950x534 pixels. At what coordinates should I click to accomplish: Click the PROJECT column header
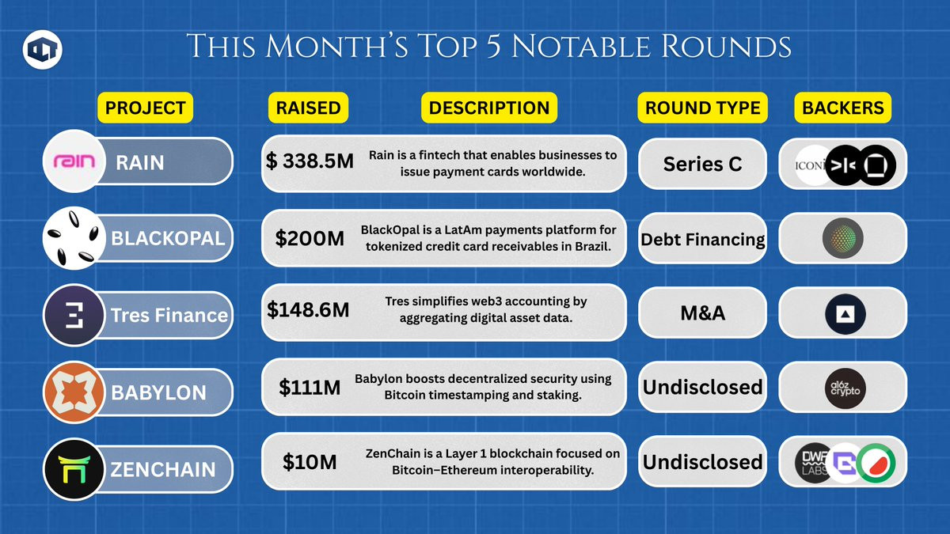pyautogui.click(x=145, y=108)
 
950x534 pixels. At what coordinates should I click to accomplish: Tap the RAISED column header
pyautogui.click(x=308, y=108)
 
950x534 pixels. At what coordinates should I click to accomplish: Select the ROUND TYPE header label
pyautogui.click(x=703, y=108)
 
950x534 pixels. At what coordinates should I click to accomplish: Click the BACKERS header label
pyautogui.click(x=842, y=108)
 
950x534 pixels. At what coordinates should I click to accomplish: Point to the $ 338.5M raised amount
pyautogui.click(x=310, y=161)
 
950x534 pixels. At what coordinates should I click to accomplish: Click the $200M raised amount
pyautogui.click(x=310, y=238)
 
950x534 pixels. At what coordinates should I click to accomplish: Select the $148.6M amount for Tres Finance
pyautogui.click(x=308, y=310)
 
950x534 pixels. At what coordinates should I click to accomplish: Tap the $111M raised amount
pyautogui.click(x=310, y=388)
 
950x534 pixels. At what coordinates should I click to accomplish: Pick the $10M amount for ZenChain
pyautogui.click(x=310, y=462)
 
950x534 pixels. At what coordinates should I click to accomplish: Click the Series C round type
pyautogui.click(x=703, y=164)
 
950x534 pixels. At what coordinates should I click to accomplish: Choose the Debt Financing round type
pyautogui.click(x=703, y=240)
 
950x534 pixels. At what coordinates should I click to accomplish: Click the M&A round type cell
pyautogui.click(x=703, y=313)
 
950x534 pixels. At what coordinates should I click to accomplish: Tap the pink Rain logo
pyautogui.click(x=74, y=161)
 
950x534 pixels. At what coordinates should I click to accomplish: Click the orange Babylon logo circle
pyautogui.click(x=74, y=392)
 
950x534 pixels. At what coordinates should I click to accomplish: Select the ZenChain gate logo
pyautogui.click(x=74, y=469)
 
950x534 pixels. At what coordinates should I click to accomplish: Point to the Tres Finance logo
pyautogui.click(x=74, y=316)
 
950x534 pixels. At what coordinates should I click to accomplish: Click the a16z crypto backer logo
pyautogui.click(x=845, y=388)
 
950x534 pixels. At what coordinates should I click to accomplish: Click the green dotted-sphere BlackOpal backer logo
pyautogui.click(x=842, y=238)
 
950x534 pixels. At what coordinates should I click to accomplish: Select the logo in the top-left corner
pyautogui.click(x=43, y=50)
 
